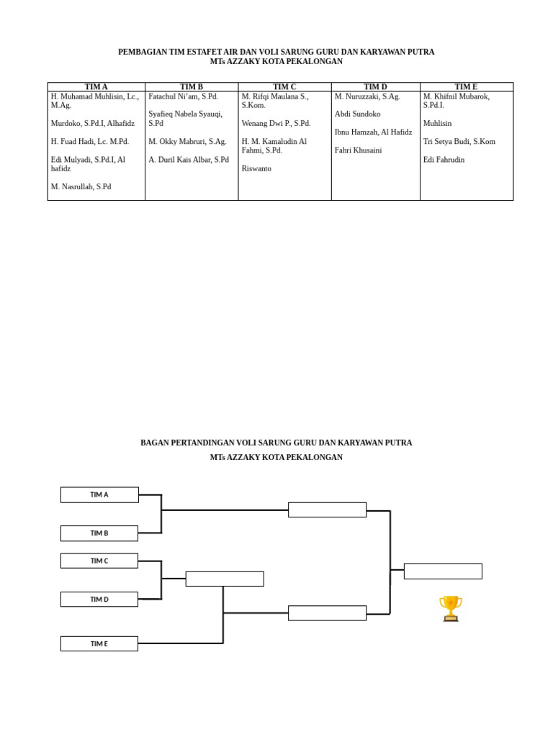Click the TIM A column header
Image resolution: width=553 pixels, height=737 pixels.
point(96,87)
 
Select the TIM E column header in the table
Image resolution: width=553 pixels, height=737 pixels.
point(466,87)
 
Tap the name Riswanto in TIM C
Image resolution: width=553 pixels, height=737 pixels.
point(256,168)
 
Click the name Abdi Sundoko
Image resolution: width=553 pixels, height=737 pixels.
point(357,114)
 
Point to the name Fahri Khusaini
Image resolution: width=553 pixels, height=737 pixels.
point(358,150)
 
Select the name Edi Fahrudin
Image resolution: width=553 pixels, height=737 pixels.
point(444,160)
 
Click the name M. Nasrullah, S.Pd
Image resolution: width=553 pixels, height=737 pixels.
point(81,186)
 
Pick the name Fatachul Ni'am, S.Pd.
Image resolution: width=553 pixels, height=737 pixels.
point(183,96)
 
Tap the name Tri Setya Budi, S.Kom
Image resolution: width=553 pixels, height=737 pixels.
point(459,142)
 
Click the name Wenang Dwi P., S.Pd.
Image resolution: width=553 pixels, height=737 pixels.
point(276,124)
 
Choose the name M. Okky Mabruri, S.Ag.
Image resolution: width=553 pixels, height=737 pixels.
point(187,142)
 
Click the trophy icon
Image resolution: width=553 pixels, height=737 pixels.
point(451,608)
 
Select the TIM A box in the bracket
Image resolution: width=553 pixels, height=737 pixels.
point(99,494)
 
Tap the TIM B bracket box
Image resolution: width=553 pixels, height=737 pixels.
point(99,533)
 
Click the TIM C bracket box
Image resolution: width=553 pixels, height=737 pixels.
point(99,561)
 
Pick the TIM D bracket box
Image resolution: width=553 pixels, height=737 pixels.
point(99,600)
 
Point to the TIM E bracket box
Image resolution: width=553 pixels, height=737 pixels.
point(99,643)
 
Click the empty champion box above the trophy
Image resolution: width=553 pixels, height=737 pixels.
point(443,571)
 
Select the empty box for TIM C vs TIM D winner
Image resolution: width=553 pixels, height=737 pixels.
point(225,579)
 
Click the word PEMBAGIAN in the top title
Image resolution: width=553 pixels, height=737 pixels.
point(142,53)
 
